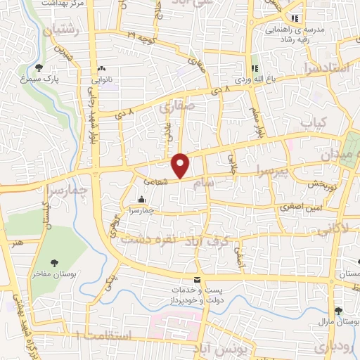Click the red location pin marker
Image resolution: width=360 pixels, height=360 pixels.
181,165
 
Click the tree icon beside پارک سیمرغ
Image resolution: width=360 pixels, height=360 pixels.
39,68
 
